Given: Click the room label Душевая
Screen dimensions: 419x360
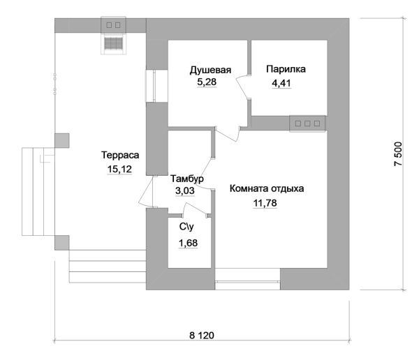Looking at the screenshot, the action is click(210, 70).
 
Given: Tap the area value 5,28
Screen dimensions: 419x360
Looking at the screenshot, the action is click(207, 82).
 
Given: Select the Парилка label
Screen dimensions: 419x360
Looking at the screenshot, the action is click(286, 69).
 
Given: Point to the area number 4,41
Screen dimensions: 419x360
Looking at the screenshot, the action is click(281, 83).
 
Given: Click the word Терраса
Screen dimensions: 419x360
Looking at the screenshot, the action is click(120, 155).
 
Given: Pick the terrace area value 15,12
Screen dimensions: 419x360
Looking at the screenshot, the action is click(119, 170).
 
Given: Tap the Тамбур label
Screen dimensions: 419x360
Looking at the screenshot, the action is click(187, 179).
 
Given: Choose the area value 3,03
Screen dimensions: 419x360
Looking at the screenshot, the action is click(184, 191).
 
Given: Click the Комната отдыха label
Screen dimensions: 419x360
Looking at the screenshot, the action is click(267, 188).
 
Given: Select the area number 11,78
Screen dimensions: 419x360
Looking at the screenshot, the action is click(265, 203).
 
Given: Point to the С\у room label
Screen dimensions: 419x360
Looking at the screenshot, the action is click(186, 227).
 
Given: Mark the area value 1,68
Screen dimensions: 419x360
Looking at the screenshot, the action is click(188, 243).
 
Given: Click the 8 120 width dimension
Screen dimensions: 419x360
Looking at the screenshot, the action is click(202, 336).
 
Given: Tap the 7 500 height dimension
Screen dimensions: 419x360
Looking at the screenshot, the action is click(398, 153).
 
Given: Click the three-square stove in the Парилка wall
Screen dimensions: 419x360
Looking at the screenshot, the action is click(307, 123).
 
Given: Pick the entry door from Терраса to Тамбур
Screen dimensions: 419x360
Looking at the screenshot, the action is click(146, 191).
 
